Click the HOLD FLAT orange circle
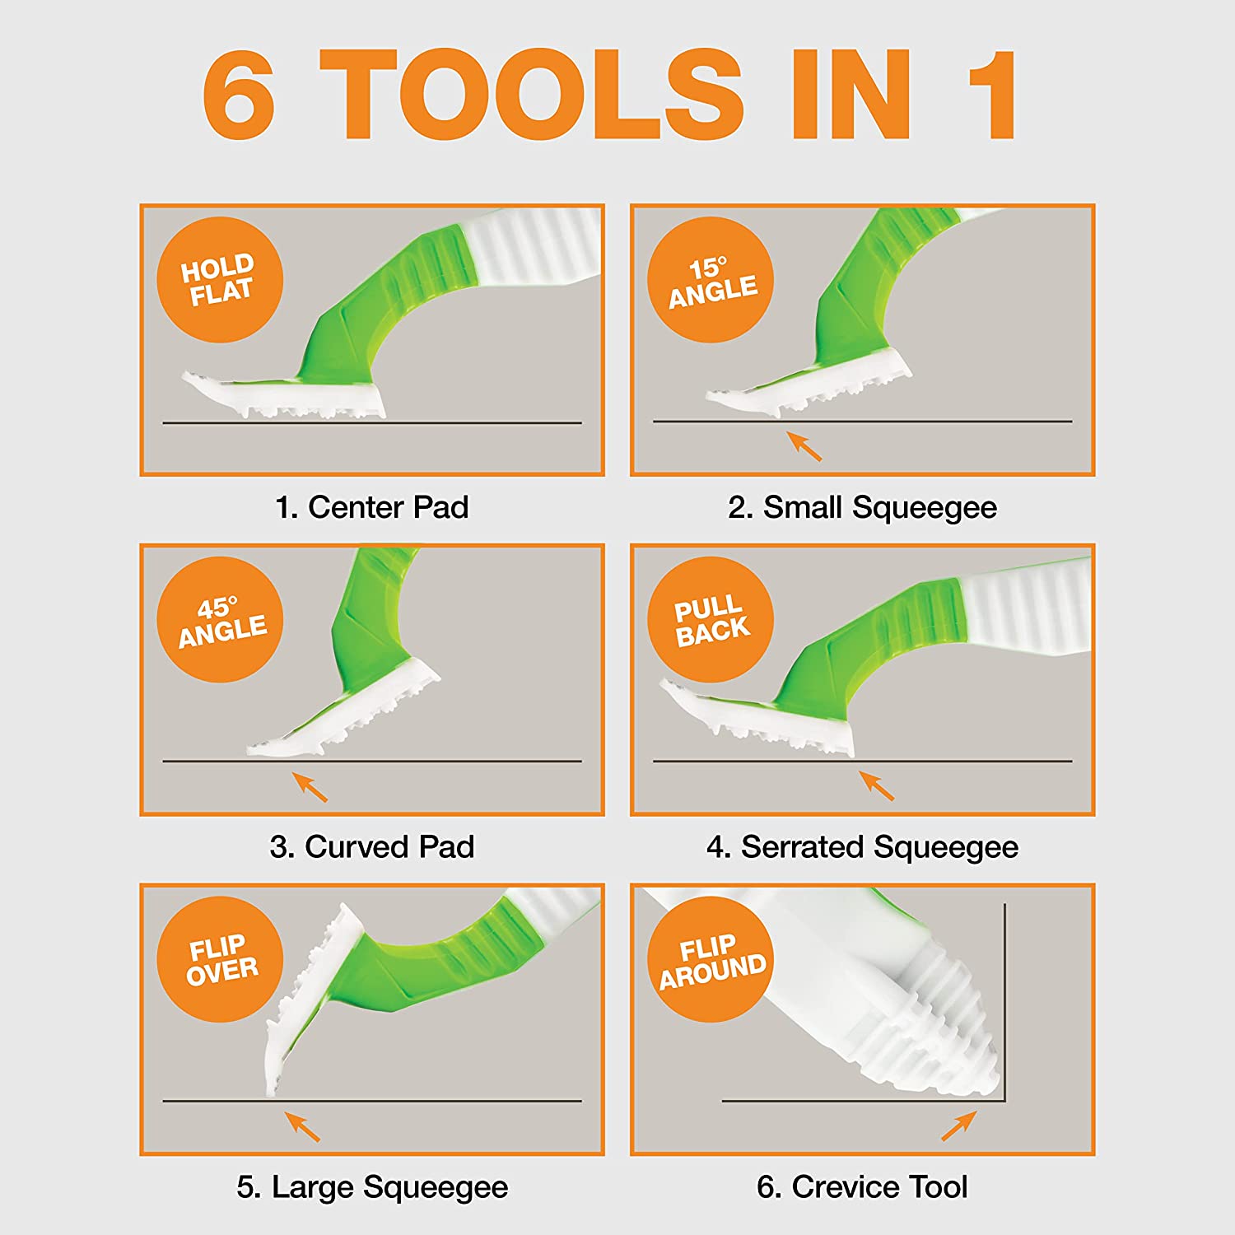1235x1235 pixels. [220, 280]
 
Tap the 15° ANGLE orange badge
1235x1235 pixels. [711, 280]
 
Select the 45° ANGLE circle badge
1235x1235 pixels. [220, 619]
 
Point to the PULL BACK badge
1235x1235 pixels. [711, 619]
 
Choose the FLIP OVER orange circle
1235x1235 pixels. [220, 959]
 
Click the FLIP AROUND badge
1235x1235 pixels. [711, 959]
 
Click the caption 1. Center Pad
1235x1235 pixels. [372, 507]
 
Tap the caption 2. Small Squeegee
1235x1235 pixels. [862, 508]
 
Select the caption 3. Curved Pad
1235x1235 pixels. [372, 846]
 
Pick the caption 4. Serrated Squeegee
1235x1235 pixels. [862, 847]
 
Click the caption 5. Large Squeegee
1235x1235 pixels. [372, 1187]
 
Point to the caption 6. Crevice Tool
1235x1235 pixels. [862, 1186]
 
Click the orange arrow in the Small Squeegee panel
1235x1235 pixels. [804, 445]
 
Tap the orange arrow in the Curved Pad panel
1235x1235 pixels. [310, 786]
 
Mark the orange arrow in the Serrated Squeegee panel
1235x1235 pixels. [876, 785]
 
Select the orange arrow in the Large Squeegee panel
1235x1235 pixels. [302, 1126]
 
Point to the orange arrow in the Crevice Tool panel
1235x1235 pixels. [959, 1125]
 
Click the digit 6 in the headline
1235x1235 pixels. [239, 94]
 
